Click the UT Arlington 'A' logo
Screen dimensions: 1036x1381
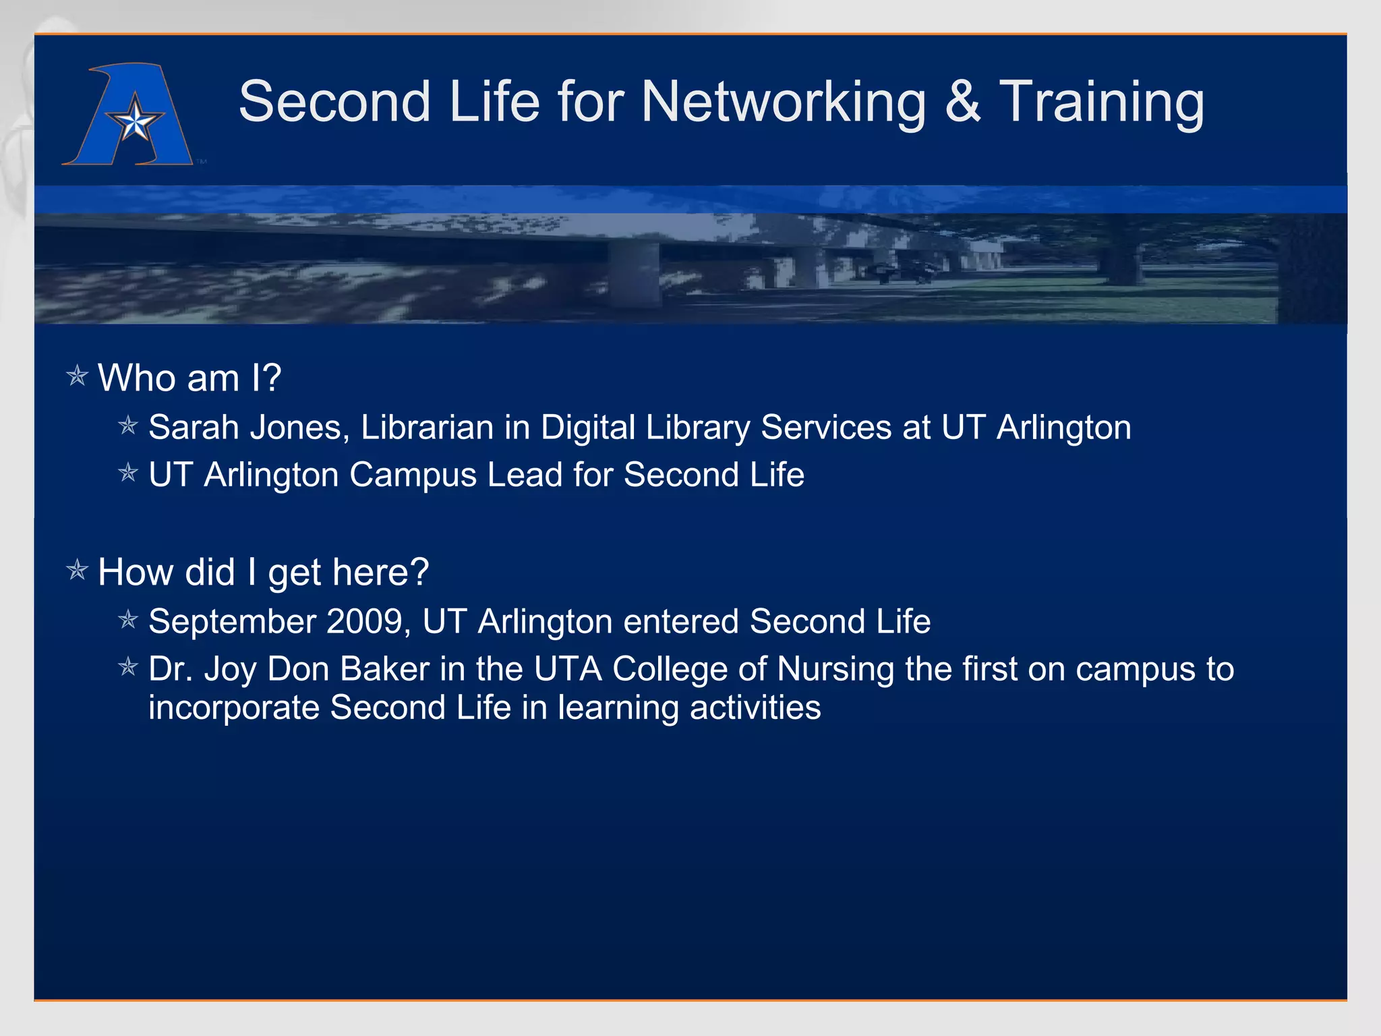[x=128, y=115]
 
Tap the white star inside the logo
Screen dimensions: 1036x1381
[x=136, y=122]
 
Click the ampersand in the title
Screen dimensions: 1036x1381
[x=963, y=103]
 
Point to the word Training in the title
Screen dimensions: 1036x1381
[x=1101, y=103]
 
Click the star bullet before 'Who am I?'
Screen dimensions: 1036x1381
[x=78, y=376]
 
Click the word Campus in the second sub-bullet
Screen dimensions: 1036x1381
[x=413, y=475]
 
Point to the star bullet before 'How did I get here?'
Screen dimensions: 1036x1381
[x=78, y=571]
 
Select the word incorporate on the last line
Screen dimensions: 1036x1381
[x=234, y=708]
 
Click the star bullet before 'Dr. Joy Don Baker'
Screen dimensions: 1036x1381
[x=128, y=668]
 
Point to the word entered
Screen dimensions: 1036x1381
[x=681, y=621]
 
